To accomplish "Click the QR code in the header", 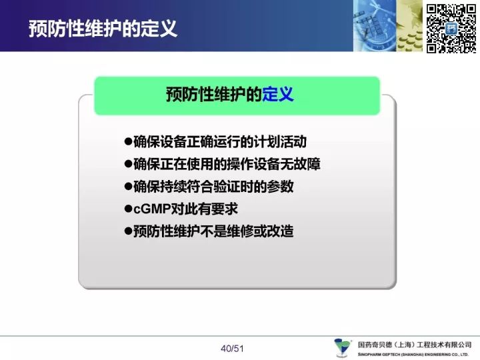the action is (451, 29).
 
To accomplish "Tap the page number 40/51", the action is (232, 349).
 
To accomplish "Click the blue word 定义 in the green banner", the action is (277, 94).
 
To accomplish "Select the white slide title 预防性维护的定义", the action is (103, 29).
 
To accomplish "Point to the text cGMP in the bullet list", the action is (152, 209).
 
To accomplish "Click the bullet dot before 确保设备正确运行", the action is (128, 141).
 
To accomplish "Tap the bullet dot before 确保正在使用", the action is (128, 164).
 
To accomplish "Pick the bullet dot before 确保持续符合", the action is (128, 186).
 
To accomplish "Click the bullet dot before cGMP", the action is (128, 209).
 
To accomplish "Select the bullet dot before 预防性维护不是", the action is (128, 231).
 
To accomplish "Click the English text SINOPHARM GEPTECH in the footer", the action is (379, 355).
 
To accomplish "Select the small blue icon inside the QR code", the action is (451, 29).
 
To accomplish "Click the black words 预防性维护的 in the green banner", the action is (214, 94).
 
